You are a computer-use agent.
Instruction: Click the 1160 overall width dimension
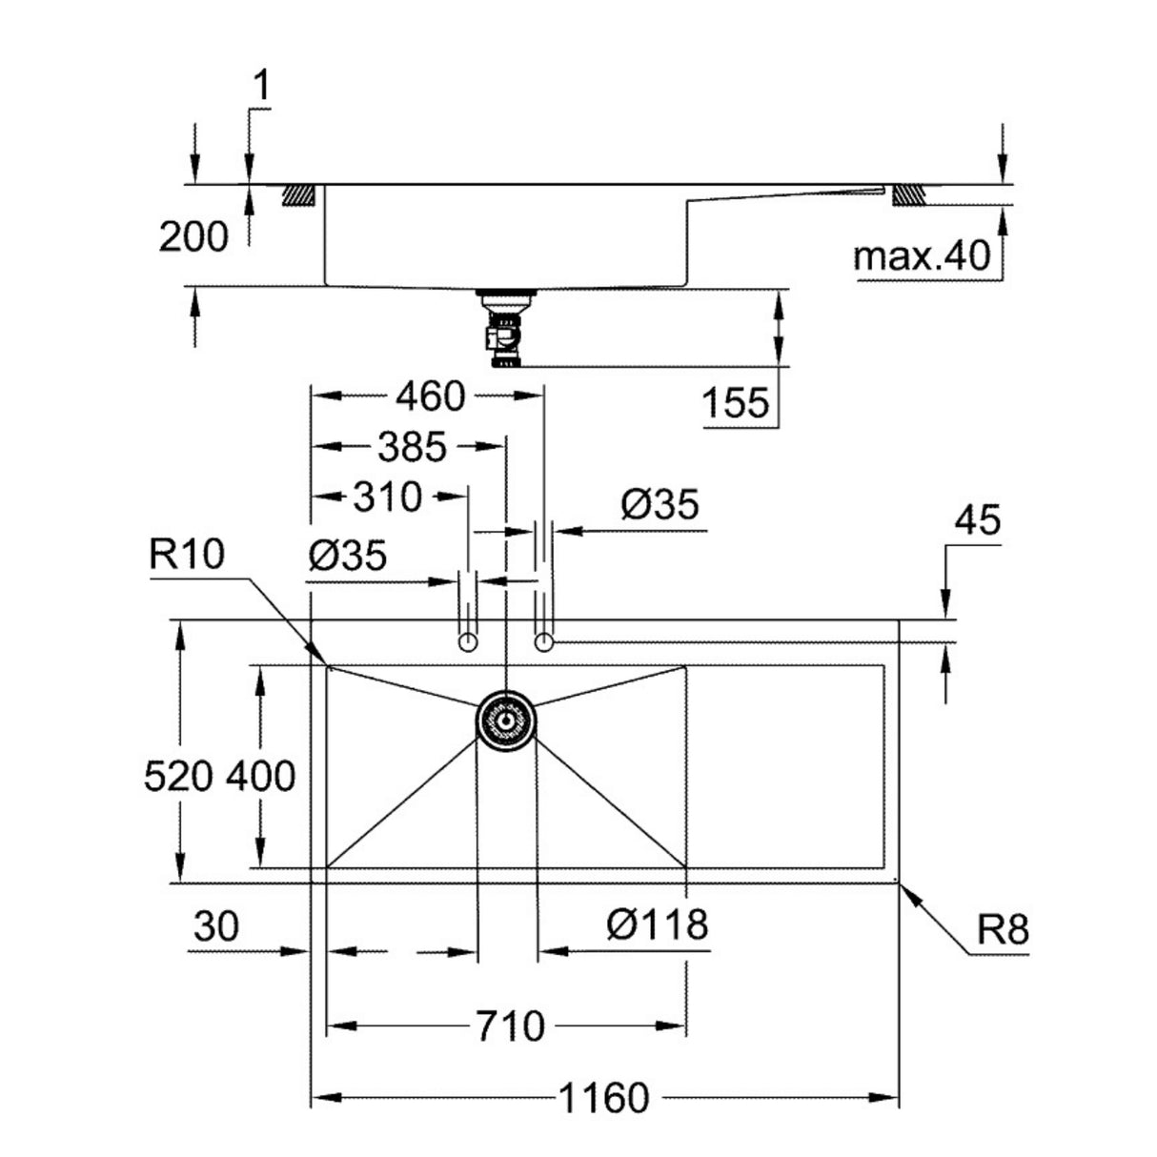point(602,1098)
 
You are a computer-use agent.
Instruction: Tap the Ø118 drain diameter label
point(659,923)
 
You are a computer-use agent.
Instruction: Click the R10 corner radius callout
point(186,553)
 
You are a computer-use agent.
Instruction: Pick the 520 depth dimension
point(179,777)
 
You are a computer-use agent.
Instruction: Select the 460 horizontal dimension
point(430,396)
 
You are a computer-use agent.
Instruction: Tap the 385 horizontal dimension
point(411,446)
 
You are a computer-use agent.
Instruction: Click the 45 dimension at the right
point(976,520)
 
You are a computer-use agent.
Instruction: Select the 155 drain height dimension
point(735,403)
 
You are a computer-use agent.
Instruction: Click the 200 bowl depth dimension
point(193,237)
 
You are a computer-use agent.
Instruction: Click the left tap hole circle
point(467,641)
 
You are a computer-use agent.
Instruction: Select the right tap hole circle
point(544,641)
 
